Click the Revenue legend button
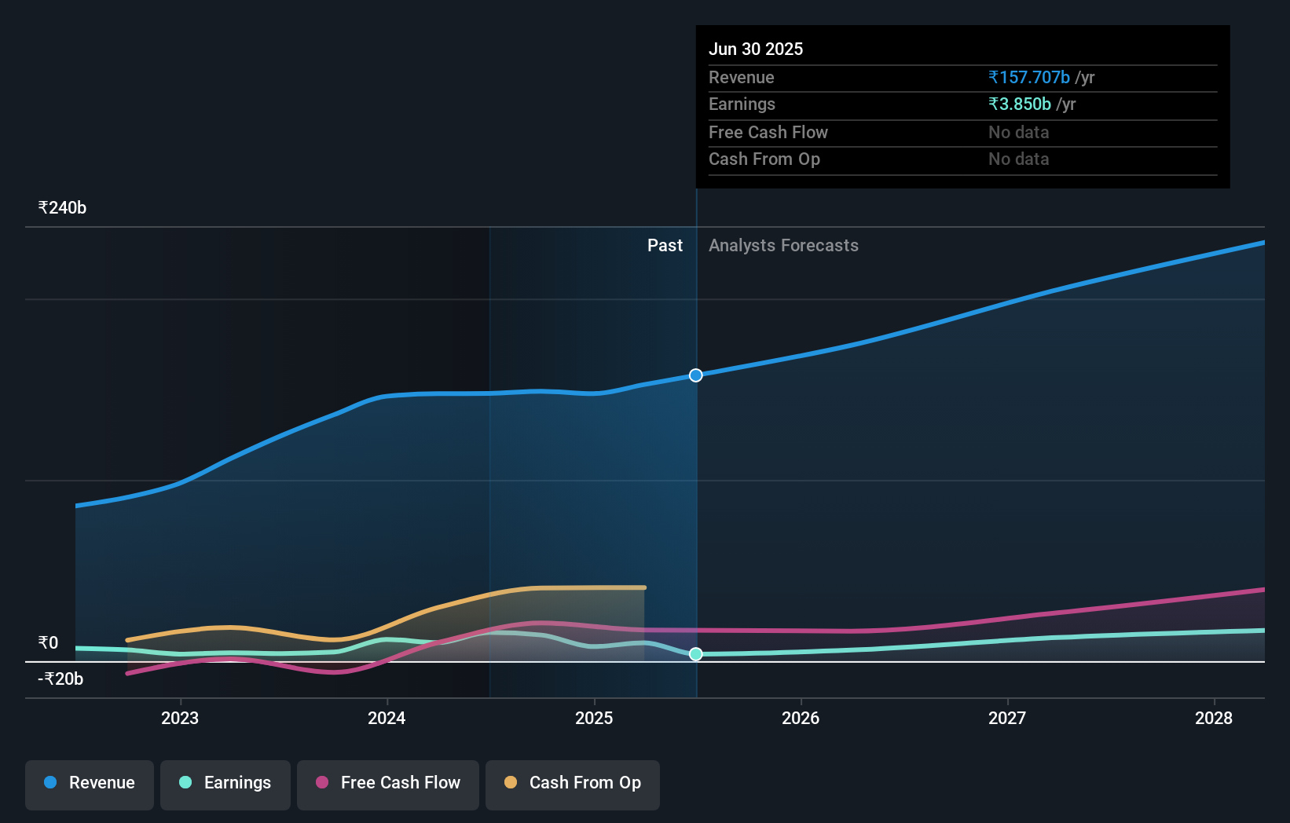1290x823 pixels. [90, 783]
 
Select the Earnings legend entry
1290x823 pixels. [225, 783]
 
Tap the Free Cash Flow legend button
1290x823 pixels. [388, 783]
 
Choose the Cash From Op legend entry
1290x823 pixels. [573, 783]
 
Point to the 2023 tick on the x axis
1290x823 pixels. [180, 718]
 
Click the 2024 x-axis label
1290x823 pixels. [387, 718]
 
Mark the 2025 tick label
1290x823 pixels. [594, 718]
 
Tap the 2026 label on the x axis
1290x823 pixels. [801, 718]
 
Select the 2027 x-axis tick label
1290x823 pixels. [1007, 718]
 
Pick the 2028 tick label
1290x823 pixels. [1214, 718]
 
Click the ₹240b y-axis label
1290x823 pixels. [62, 208]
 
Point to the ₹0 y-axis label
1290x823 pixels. [49, 643]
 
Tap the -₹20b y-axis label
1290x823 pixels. [60, 679]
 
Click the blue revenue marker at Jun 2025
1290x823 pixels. [696, 375]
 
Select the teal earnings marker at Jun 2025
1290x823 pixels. [696, 654]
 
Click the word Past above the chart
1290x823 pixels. [665, 246]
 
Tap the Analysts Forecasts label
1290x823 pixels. [783, 246]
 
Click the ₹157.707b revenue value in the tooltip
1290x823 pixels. [1029, 78]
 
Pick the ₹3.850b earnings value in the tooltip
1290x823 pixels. [1020, 104]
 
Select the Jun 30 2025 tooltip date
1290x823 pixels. [756, 49]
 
